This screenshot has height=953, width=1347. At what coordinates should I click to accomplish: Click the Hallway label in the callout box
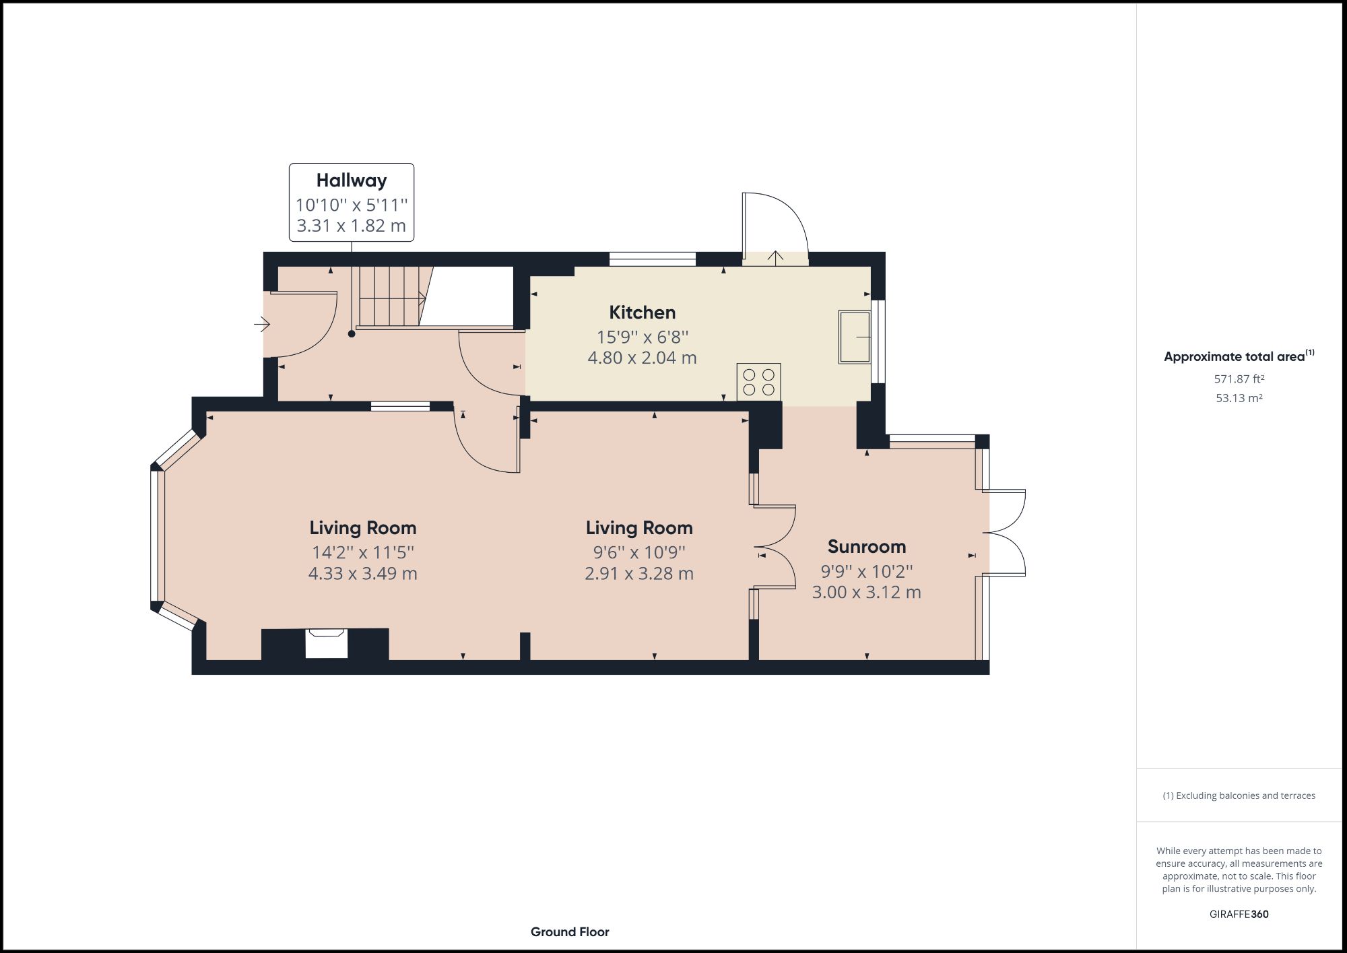pos(351,180)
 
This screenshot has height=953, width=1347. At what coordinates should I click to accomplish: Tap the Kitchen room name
pos(642,313)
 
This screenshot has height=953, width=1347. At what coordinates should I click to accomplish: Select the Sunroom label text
pos(866,546)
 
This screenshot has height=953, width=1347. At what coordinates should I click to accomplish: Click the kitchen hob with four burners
pos(758,382)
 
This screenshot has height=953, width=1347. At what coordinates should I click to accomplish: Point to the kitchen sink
pos(854,337)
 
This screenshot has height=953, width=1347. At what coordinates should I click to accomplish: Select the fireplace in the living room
pos(327,643)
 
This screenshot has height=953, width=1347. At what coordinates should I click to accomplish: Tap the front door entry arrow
pos(261,325)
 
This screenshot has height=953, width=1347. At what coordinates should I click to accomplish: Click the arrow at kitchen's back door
pos(775,257)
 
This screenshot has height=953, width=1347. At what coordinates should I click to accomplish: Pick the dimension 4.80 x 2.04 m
pos(642,358)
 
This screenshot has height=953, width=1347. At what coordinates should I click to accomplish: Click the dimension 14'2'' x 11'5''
pos(362,552)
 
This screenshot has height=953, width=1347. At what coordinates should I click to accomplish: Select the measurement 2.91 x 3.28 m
pos(638,574)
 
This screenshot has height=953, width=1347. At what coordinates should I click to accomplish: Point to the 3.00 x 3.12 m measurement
pos(866,593)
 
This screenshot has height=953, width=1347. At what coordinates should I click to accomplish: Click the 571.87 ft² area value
pos(1239,379)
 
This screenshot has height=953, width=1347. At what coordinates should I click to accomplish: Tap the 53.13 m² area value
pos(1239,398)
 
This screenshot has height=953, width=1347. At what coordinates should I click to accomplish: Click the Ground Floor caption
pos(570,932)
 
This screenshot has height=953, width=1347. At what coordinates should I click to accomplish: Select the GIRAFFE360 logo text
pos(1239,914)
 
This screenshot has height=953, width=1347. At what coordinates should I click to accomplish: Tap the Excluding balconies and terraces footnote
pos(1239,795)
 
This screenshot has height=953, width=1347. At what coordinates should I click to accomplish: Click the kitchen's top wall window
pos(652,259)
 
